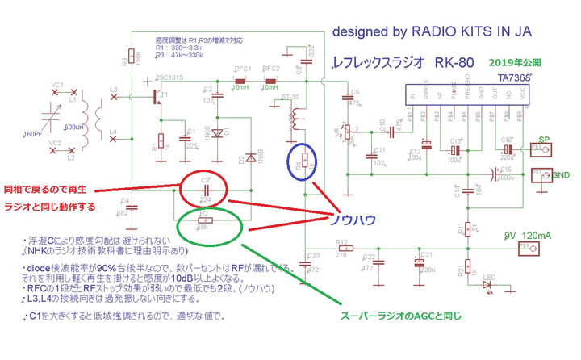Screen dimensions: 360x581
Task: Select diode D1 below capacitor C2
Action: click(216, 132)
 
